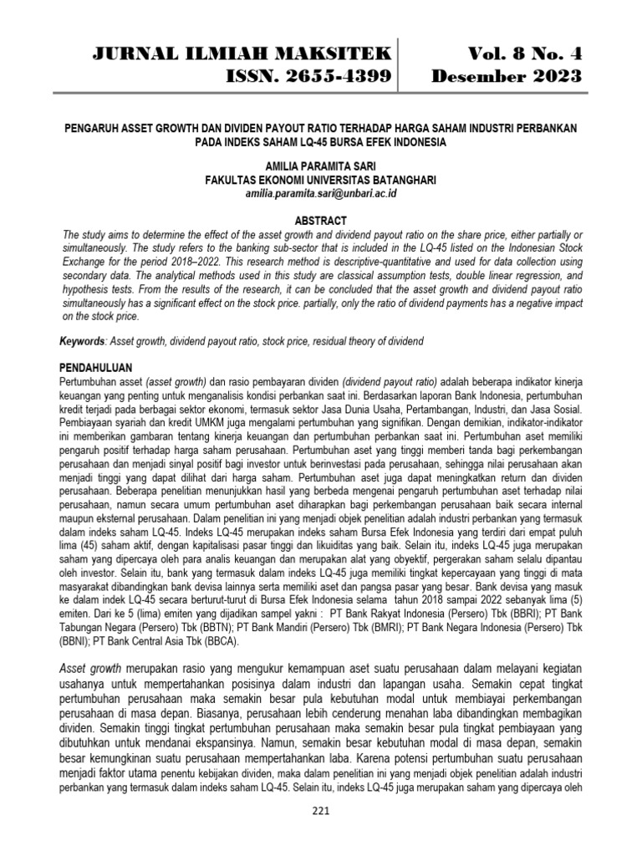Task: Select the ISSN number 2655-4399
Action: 309,78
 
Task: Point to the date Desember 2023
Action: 506,78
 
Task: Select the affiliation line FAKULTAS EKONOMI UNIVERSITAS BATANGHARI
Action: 321,180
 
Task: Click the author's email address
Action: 321,193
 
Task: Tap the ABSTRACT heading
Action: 321,219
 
